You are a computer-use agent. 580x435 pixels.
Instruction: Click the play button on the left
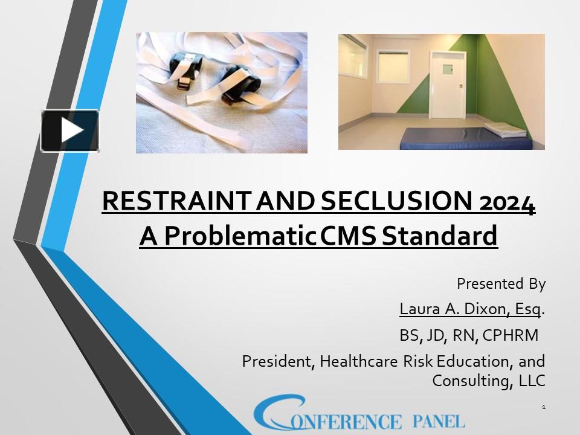(70, 130)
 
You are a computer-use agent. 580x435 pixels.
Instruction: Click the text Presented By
(501, 283)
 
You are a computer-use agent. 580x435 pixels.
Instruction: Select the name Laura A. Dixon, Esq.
(470, 309)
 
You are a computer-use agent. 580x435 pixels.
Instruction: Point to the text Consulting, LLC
(489, 381)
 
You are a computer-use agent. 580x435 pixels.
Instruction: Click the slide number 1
(544, 408)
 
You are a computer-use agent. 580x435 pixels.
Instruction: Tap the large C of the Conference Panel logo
(279, 413)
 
